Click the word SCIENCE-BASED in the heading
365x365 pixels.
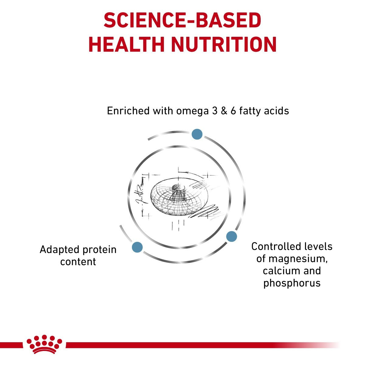coord(182,20)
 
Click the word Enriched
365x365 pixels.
coord(128,111)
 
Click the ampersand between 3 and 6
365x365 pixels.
coord(224,111)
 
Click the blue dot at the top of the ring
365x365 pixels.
coord(197,134)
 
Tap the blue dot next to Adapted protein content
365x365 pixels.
coord(137,247)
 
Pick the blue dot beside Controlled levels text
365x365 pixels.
coord(231,236)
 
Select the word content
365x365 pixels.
coord(78,262)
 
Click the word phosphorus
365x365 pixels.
coord(292,283)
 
